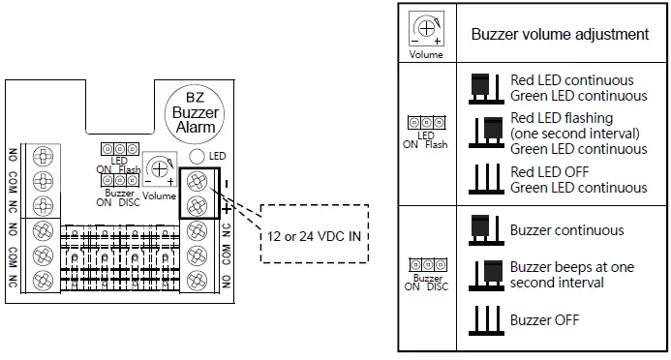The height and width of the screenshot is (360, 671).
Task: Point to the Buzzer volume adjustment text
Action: [x=560, y=34]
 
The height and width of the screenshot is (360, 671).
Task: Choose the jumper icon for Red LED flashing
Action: [x=485, y=132]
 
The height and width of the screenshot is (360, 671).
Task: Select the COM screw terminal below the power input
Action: [x=197, y=254]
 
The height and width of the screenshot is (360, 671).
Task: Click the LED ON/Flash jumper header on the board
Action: [x=118, y=151]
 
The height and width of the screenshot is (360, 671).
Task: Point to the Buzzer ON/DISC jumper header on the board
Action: [x=118, y=181]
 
